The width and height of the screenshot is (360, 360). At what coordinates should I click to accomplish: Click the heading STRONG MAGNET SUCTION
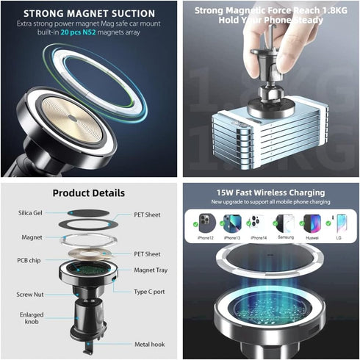point(88,13)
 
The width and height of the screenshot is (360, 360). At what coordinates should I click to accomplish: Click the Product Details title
point(89,193)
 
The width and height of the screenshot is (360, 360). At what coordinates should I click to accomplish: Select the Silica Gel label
point(32,213)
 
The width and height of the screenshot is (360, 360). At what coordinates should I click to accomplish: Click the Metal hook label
point(151,344)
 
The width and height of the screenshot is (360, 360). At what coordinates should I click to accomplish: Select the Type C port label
point(150,292)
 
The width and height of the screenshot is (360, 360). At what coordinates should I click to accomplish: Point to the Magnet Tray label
point(151,270)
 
